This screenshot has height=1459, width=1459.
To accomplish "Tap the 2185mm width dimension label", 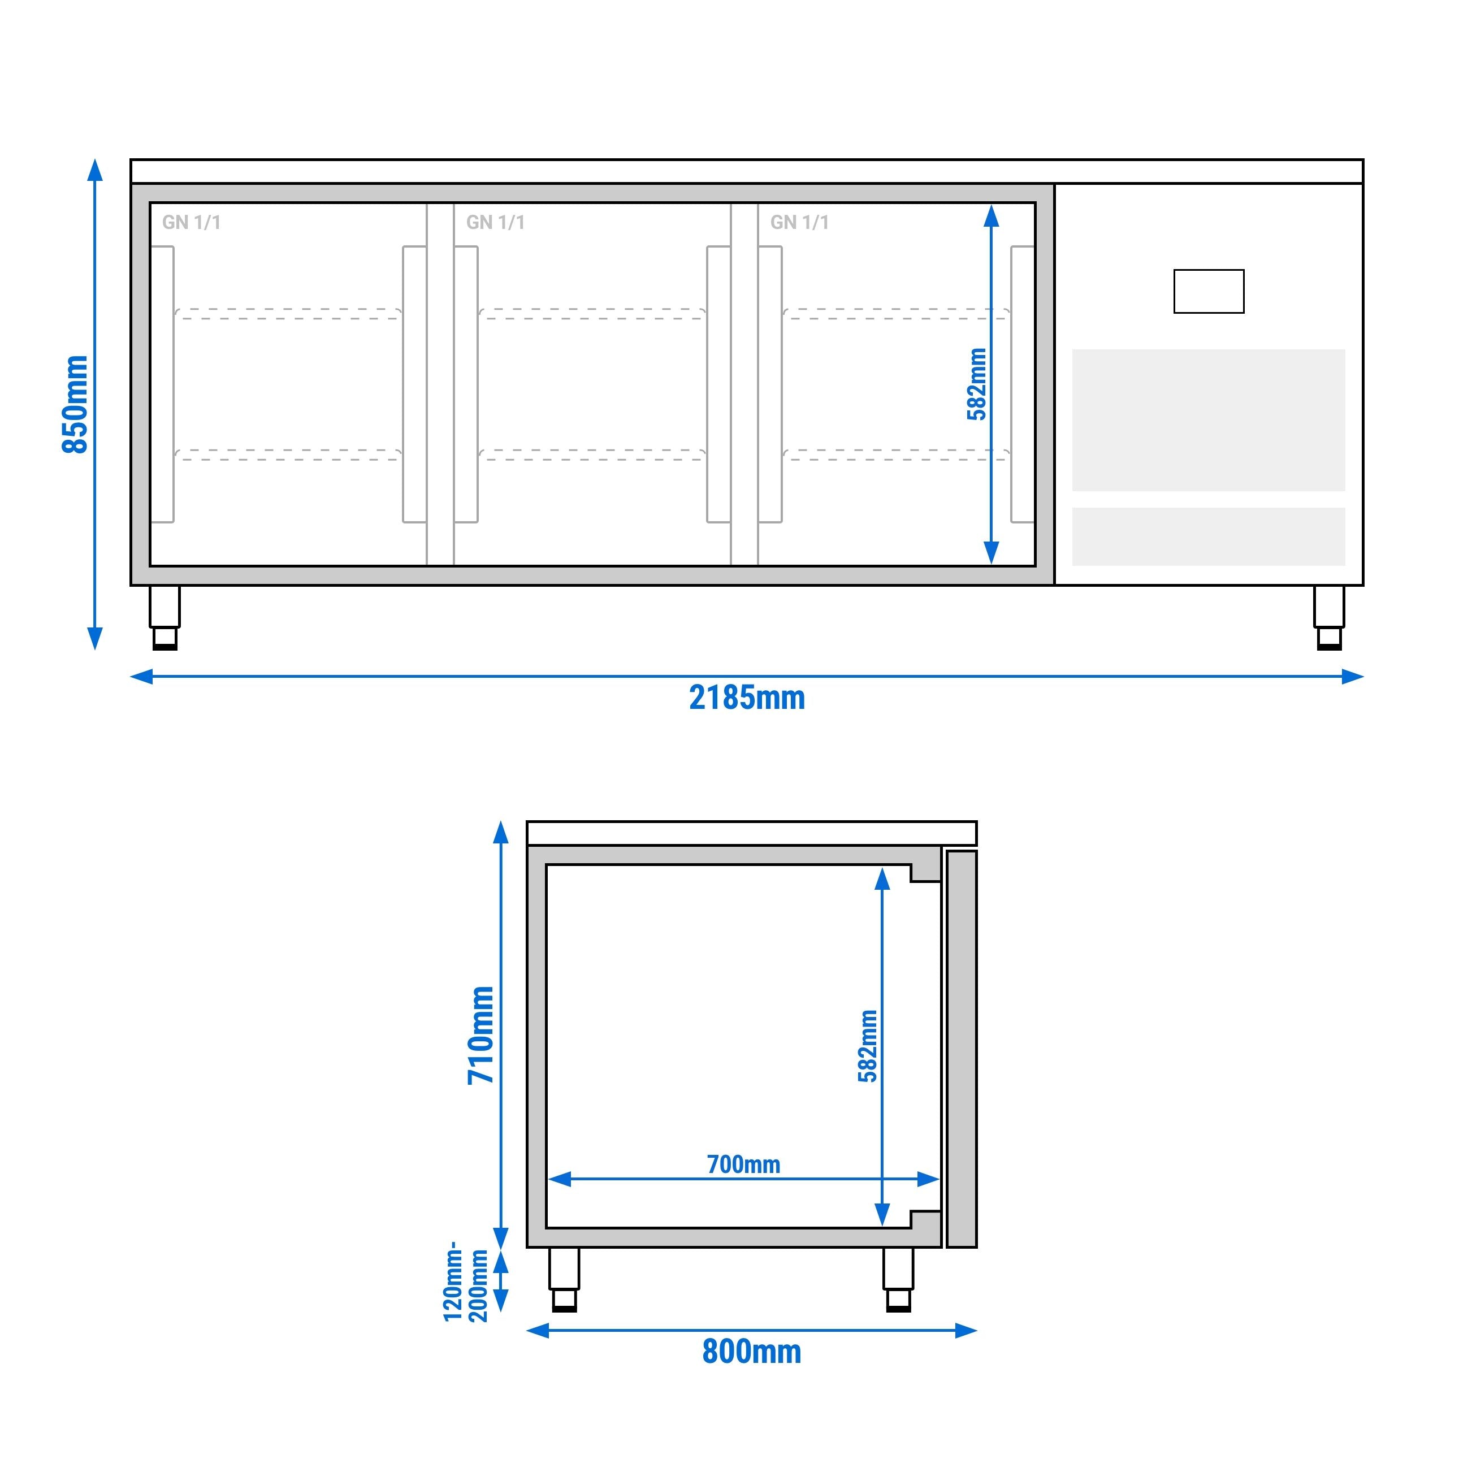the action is pos(747,698).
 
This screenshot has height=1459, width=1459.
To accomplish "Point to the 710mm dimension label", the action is pos(480,1034).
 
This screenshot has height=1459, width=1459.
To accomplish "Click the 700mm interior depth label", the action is pos(744,1164).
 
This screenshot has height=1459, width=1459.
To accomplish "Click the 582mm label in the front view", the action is pos(976,384).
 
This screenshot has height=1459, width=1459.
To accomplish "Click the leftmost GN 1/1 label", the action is pos(191,222).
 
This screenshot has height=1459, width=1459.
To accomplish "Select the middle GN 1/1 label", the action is pos(495,222).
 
